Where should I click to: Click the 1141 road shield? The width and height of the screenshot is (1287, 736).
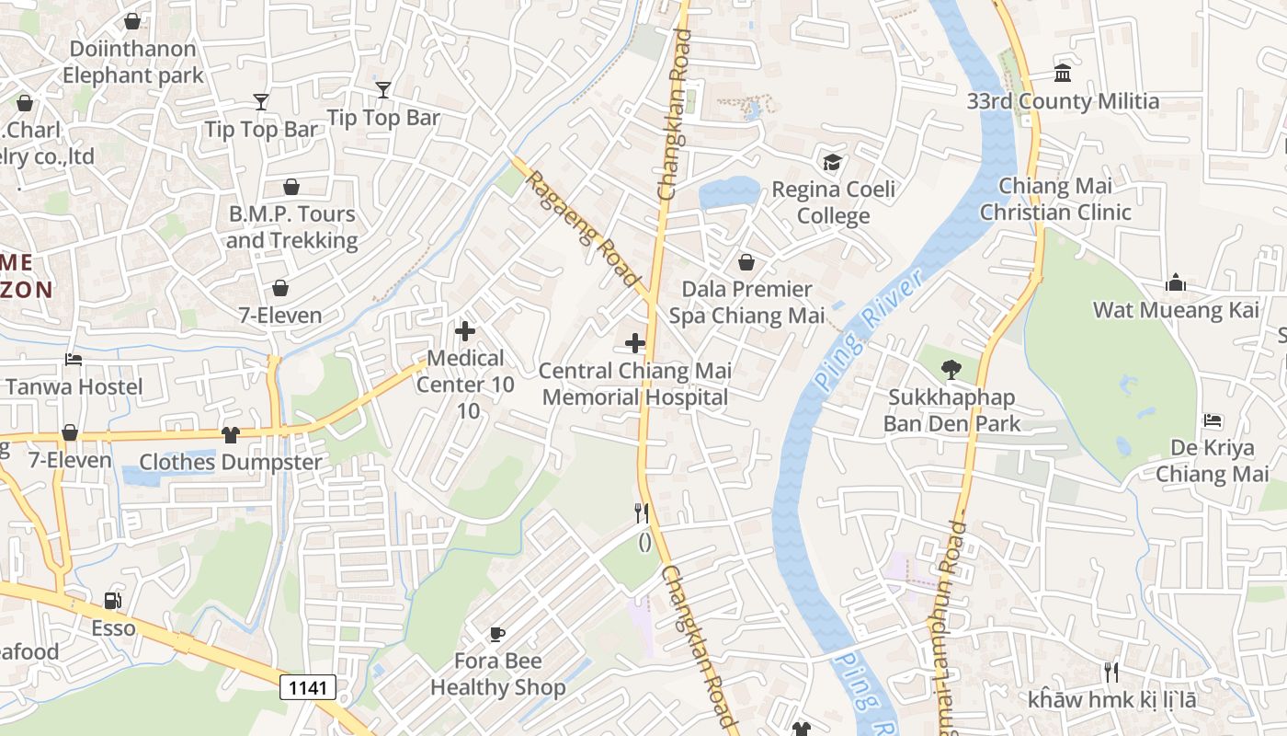tap(307, 686)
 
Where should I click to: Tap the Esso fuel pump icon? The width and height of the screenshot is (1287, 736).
tap(112, 601)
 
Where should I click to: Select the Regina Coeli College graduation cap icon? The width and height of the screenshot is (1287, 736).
tap(832, 162)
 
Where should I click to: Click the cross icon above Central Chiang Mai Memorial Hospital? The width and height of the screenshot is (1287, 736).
tap(634, 343)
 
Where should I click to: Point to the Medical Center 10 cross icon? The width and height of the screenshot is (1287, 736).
tap(465, 331)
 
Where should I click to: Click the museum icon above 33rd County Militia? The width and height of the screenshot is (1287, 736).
tap(1063, 73)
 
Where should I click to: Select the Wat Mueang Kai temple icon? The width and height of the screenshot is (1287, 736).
tap(1175, 282)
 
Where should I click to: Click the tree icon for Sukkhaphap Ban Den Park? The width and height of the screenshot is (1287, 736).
tap(951, 370)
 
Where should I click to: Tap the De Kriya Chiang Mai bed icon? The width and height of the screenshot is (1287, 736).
tap(1213, 420)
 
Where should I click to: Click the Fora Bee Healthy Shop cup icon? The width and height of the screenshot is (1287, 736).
tap(496, 633)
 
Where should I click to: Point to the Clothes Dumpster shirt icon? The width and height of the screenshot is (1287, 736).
tap(230, 434)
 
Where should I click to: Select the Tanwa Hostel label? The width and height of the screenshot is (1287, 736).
tap(74, 386)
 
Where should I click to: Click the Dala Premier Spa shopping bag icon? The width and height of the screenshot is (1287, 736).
tap(746, 262)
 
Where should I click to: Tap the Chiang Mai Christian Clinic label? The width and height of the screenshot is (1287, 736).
tap(1054, 199)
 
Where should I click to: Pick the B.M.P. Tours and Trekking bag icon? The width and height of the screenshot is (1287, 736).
tap(291, 187)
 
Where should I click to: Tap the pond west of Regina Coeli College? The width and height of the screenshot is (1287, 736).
tap(728, 193)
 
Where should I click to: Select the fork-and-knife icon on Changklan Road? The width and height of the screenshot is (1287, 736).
tap(642, 512)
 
